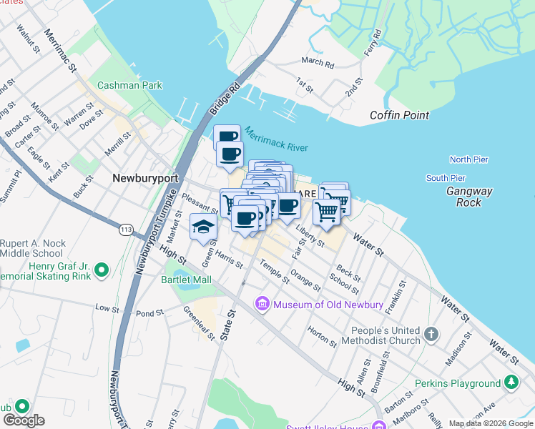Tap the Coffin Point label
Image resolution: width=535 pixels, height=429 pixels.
tap(399, 115)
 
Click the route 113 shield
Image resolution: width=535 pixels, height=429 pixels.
tap(126, 230)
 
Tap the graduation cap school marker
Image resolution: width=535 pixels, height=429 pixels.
tap(203, 227)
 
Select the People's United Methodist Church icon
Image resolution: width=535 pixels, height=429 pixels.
tap(431, 334)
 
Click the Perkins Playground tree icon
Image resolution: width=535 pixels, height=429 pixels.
tap(511, 383)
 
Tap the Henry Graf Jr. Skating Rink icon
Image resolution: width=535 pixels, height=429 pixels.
tap(102, 270)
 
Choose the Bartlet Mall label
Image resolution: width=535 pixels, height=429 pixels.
tap(187, 280)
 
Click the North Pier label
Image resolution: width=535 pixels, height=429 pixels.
tap(468, 159)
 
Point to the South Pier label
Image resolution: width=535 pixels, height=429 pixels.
tap(446, 177)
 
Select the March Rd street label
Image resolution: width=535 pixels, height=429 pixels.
tap(318, 64)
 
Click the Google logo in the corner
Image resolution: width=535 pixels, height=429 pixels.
tap(24, 420)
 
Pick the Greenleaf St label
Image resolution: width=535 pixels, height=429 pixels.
tap(199, 323)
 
